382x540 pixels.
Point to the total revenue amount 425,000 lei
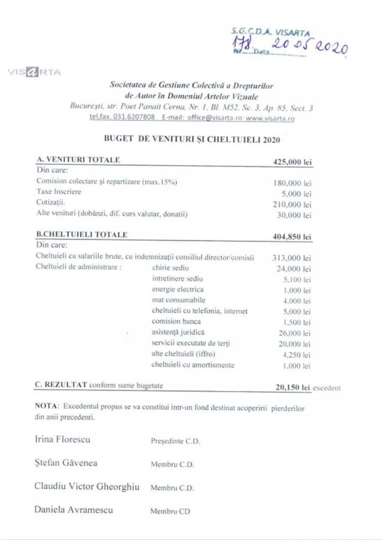point(292,162)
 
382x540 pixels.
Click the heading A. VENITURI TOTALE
point(78,160)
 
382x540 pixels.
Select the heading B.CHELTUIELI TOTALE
point(82,235)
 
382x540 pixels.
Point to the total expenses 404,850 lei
point(292,237)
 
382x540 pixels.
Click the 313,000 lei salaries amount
point(292,258)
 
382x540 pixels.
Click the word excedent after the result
point(327,388)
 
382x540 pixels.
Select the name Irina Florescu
point(63,439)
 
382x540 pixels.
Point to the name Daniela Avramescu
point(74,510)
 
